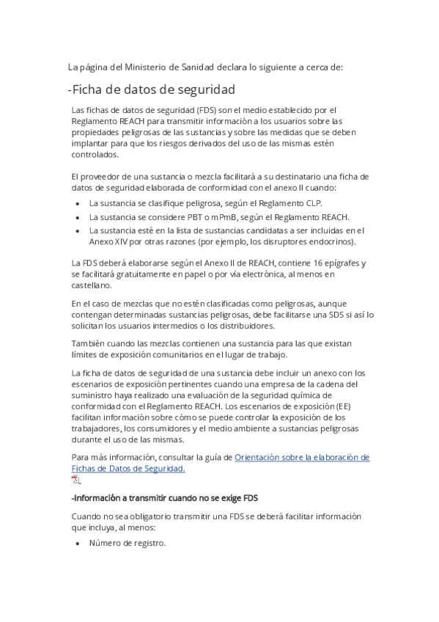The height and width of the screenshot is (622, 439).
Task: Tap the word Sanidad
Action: pyautogui.click(x=196, y=67)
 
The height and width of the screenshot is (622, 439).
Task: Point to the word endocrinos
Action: pyautogui.click(x=329, y=241)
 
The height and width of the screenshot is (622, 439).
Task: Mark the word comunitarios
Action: pyautogui.click(x=193, y=354)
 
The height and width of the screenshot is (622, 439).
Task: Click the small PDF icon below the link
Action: pyautogui.click(x=75, y=480)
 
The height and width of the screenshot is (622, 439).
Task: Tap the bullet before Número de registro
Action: pyautogui.click(x=78, y=544)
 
